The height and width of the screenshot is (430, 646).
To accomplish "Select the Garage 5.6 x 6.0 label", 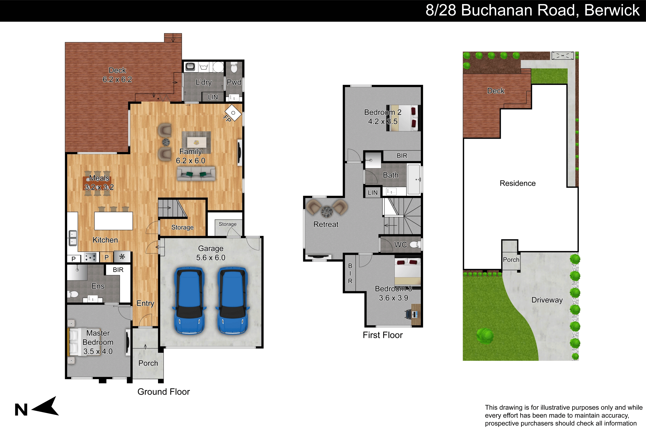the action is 211,253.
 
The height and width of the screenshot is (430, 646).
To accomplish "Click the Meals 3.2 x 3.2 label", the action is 99,182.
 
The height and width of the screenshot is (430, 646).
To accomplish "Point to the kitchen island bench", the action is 113,221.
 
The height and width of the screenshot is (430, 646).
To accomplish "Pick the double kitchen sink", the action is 73,238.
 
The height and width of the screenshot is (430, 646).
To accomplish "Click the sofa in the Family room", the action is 196,174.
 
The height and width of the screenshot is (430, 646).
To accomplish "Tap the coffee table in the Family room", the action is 196,142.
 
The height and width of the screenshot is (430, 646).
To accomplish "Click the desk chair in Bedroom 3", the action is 409,314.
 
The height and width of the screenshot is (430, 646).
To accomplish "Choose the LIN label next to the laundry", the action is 213,97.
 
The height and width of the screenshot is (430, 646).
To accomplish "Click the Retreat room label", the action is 326,224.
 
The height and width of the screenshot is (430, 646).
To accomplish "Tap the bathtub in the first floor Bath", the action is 414,179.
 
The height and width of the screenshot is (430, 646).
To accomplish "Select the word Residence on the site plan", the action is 517,183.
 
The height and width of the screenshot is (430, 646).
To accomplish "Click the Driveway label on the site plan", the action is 547,300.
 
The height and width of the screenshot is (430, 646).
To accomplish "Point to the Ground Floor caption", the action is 163,392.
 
